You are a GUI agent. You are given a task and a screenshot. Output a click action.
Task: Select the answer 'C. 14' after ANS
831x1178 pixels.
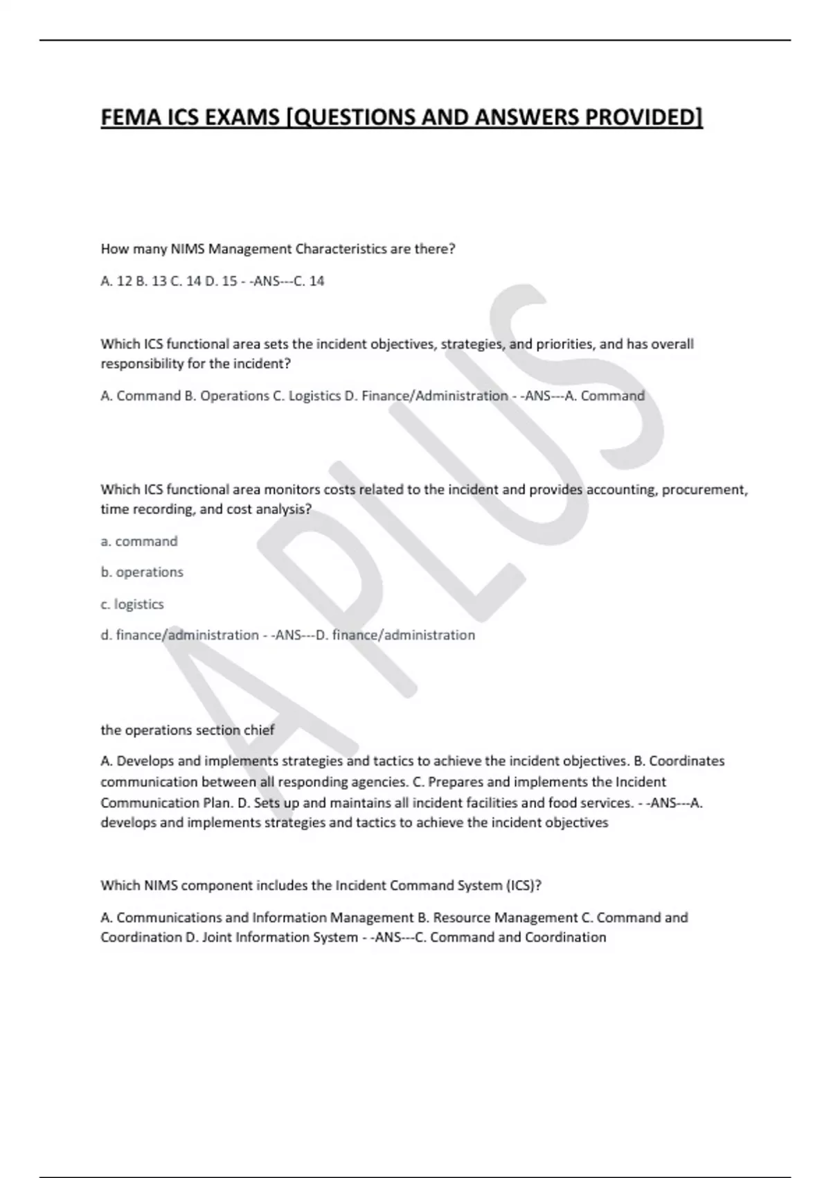coord(309,281)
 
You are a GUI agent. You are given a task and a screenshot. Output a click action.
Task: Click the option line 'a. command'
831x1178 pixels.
coord(139,541)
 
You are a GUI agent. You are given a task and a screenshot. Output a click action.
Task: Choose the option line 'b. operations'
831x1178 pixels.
coord(142,572)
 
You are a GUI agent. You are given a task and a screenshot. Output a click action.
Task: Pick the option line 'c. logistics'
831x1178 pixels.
coord(132,604)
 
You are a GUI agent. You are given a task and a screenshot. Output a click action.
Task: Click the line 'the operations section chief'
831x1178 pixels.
coord(188,730)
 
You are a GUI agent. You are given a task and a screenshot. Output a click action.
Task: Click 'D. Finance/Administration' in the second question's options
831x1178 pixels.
coord(426,396)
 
